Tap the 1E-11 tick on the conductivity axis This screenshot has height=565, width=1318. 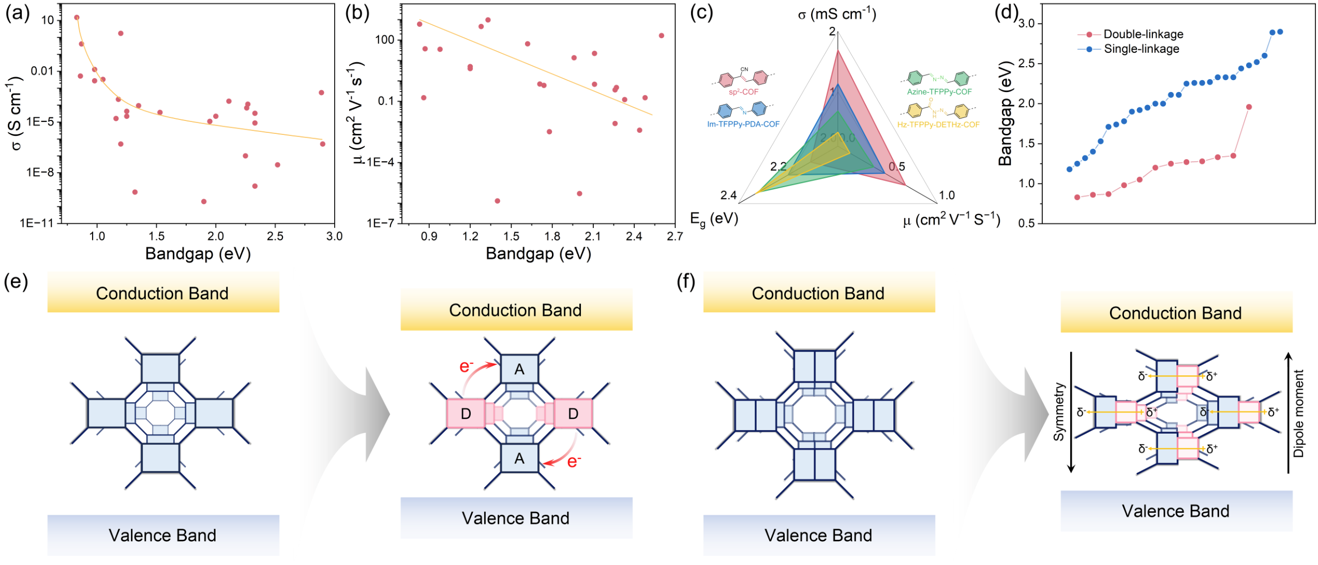click(37, 223)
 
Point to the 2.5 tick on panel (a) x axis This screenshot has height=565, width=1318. click(275, 236)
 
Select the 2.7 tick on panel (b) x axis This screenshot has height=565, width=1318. click(675, 236)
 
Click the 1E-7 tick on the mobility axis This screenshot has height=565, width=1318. click(380, 223)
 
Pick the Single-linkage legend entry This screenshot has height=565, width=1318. click(1141, 49)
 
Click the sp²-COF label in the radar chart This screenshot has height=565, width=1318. click(743, 92)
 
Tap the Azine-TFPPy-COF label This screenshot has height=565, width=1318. click(939, 92)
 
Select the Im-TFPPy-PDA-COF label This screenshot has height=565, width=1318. click(743, 124)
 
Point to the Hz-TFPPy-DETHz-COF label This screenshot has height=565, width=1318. click(938, 125)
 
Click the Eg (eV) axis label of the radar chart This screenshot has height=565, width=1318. click(714, 219)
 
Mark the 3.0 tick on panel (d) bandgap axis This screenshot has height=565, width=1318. click(1026, 24)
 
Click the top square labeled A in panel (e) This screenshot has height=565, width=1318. click(519, 369)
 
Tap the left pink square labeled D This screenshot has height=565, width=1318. click(466, 414)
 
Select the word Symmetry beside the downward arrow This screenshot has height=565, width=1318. click(1059, 412)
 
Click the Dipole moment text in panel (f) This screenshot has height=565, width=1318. click(1298, 413)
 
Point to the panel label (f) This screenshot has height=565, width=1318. click(686, 282)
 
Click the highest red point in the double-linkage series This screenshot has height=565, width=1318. click(1249, 107)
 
